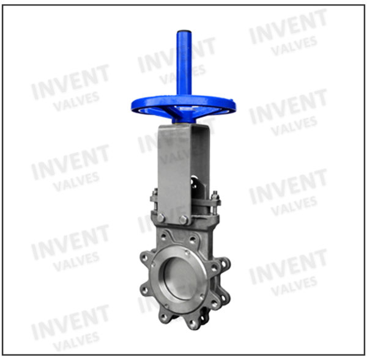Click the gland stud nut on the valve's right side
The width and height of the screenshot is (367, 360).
pos(215,194)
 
